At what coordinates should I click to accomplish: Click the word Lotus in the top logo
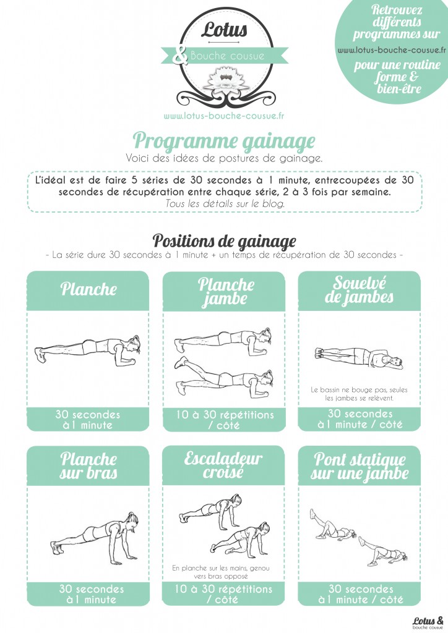(224, 29)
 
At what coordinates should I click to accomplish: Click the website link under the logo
(224, 116)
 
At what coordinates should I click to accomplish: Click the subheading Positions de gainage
(224, 242)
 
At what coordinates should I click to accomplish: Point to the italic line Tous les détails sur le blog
(225, 203)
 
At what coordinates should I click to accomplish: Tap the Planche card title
(88, 289)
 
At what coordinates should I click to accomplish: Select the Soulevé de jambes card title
(359, 290)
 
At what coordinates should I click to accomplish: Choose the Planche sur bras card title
(88, 466)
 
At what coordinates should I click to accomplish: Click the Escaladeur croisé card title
(223, 465)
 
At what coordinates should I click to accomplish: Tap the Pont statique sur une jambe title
(360, 467)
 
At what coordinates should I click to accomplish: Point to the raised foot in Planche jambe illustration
(180, 362)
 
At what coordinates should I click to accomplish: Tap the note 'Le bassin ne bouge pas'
(359, 394)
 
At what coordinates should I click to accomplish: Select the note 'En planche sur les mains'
(220, 572)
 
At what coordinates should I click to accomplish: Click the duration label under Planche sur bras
(92, 594)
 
